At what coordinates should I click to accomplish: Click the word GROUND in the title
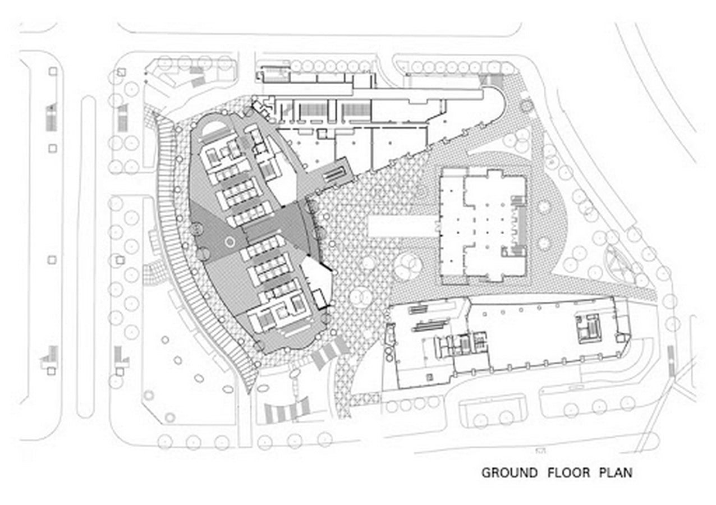tap(510, 472)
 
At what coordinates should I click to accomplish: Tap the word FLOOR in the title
tap(568, 472)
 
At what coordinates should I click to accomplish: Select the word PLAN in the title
tap(616, 472)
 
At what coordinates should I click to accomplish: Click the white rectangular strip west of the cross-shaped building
tap(404, 226)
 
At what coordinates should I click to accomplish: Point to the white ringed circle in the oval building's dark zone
tap(230, 242)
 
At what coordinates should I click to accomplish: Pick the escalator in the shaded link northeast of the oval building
tap(334, 174)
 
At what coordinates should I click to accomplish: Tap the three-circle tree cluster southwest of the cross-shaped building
tap(407, 265)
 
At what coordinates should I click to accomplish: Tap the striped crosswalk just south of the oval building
tap(330, 352)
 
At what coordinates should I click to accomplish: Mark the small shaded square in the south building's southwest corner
tap(430, 378)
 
